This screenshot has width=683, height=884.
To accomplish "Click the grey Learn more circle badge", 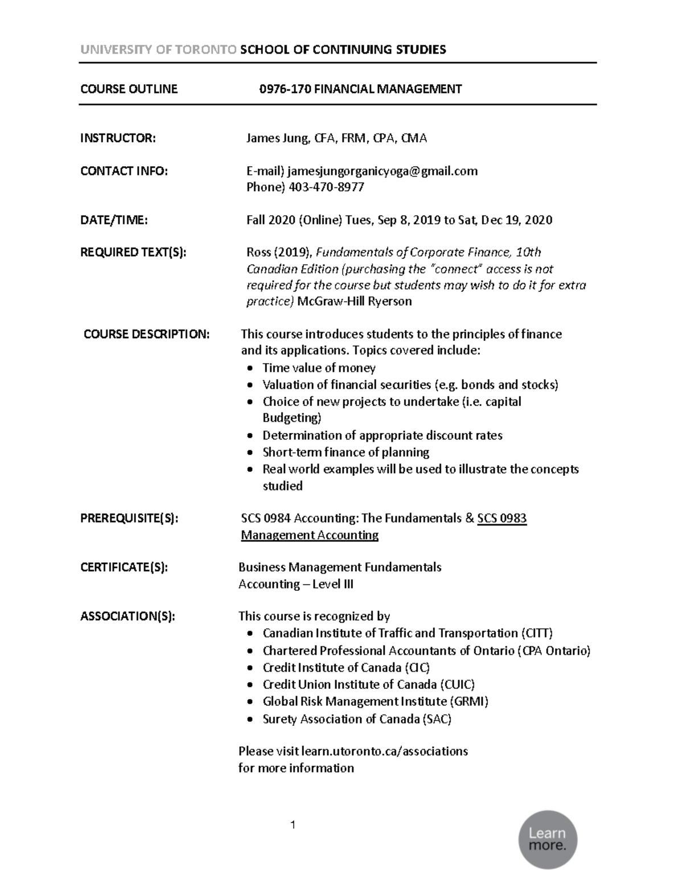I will point(548,840).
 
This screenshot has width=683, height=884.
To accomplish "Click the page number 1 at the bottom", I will point(293,825).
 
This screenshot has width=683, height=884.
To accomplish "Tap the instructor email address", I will point(382,171).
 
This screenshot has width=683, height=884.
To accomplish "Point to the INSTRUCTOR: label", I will point(117,138).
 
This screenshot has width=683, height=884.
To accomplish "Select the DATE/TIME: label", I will point(114,220).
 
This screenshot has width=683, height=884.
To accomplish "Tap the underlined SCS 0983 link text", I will point(501,519).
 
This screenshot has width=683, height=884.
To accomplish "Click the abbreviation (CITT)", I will point(536,634).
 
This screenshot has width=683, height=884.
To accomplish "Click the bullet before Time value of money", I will point(250,369).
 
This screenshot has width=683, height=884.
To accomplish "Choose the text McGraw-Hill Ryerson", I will point(354,302).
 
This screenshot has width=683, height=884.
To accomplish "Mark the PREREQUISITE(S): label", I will point(129,519).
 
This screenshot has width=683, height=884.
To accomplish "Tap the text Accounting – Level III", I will point(295,584).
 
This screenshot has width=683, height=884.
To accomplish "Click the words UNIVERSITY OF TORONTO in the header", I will point(158,50).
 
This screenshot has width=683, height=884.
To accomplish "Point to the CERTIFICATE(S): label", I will point(124,568).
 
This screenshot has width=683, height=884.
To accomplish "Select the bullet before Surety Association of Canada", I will point(250,720).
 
